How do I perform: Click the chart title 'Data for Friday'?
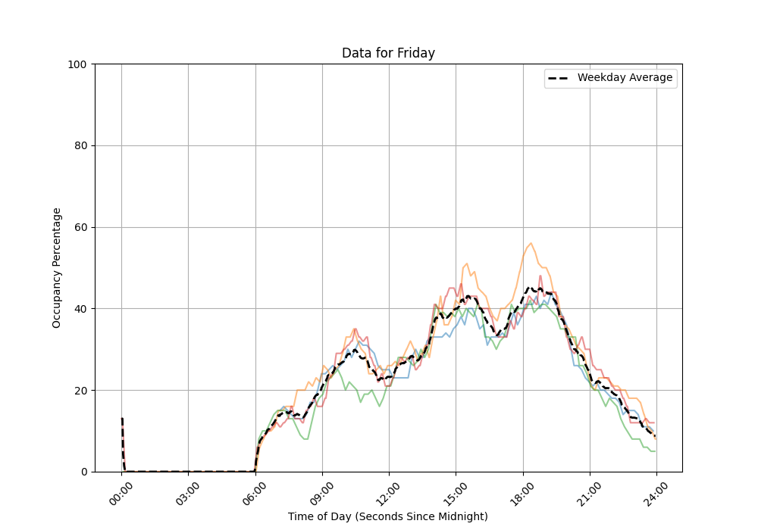(x=388, y=53)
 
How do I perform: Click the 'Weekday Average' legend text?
(x=625, y=78)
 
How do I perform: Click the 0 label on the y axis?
(x=84, y=472)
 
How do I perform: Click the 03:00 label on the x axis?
(x=189, y=491)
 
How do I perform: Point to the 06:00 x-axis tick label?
(x=255, y=491)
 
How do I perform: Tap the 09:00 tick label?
(x=323, y=491)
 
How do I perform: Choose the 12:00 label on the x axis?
(x=390, y=491)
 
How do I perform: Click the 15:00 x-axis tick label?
(x=456, y=491)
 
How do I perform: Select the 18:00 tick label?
(x=523, y=491)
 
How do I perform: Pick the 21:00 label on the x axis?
(x=590, y=491)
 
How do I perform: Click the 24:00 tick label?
(x=656, y=491)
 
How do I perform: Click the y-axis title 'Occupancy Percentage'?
(x=57, y=268)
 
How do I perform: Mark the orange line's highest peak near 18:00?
(x=531, y=243)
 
